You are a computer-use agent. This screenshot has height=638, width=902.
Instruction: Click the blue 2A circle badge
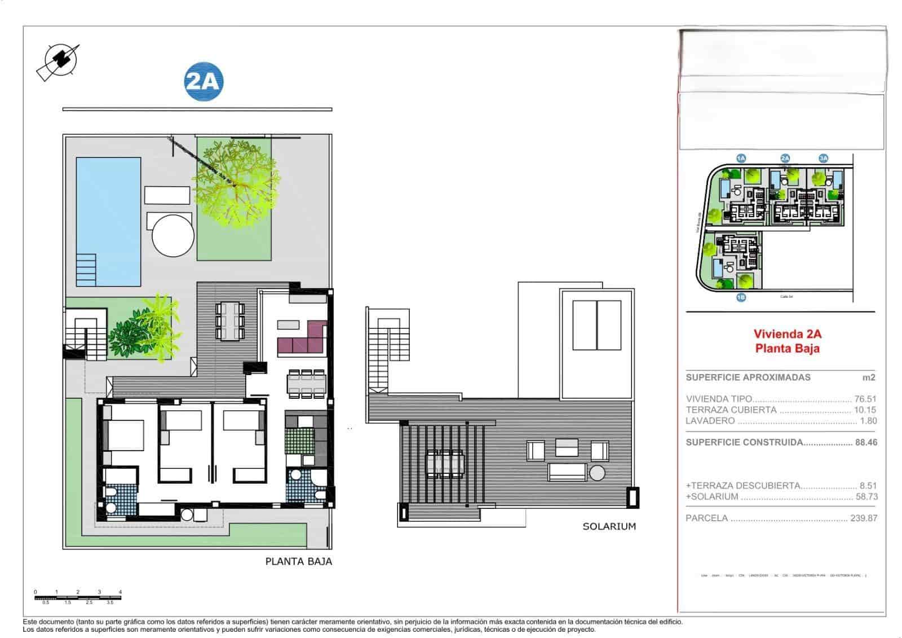pyautogui.click(x=204, y=82)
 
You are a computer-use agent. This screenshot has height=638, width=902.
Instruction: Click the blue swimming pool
pyautogui.click(x=108, y=221)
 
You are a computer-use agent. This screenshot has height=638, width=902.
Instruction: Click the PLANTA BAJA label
pyautogui.click(x=298, y=561)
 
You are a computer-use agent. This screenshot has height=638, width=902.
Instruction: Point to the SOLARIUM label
pyautogui.click(x=609, y=526)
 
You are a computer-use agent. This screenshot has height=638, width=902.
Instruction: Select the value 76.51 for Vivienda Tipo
pyautogui.click(x=865, y=399)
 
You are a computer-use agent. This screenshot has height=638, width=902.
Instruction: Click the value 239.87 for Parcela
pyautogui.click(x=863, y=518)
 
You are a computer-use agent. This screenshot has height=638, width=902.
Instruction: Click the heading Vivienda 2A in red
pyautogui.click(x=787, y=334)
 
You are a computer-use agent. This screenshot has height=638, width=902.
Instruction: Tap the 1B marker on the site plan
pyautogui.click(x=741, y=297)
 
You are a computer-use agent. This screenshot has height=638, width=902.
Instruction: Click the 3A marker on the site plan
pyautogui.click(x=823, y=159)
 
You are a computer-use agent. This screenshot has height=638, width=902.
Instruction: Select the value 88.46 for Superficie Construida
pyautogui.click(x=866, y=442)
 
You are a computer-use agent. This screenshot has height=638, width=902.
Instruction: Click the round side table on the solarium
pyautogui.click(x=598, y=472)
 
